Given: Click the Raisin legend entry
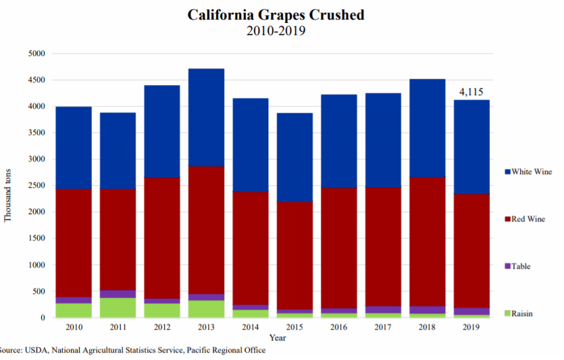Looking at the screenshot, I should pyautogui.click(x=523, y=313).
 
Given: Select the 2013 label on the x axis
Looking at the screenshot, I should pyautogui.click(x=207, y=328).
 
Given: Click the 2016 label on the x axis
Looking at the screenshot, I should pyautogui.click(x=339, y=328).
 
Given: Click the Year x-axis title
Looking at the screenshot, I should pyautogui.click(x=277, y=337).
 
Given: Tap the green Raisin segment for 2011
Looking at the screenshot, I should pyautogui.click(x=118, y=308).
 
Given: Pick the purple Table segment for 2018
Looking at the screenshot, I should pyautogui.click(x=428, y=309).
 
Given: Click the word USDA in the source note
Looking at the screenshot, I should pyautogui.click(x=38, y=351).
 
